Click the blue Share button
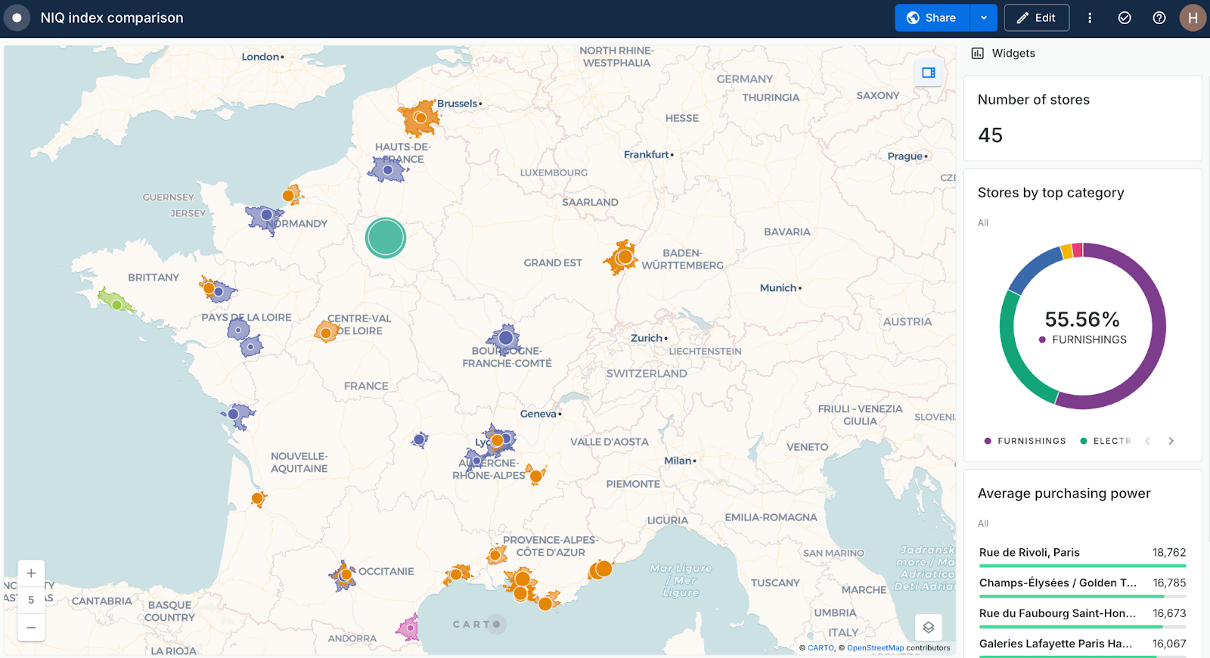point(932,18)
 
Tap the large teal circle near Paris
point(386,237)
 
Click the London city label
point(260,57)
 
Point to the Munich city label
point(778,288)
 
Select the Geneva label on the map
point(538,414)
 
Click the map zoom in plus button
point(31,573)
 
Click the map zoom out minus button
point(31,628)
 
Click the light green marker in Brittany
point(116,305)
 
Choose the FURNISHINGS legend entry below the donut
point(1031,441)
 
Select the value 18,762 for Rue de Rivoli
point(1169,553)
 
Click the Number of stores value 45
point(991,135)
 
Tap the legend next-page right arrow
point(1171,441)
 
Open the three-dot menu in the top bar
point(1090,18)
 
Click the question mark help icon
point(1159,18)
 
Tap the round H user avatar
point(1193,18)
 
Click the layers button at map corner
point(929,628)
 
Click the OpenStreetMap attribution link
point(875,648)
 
